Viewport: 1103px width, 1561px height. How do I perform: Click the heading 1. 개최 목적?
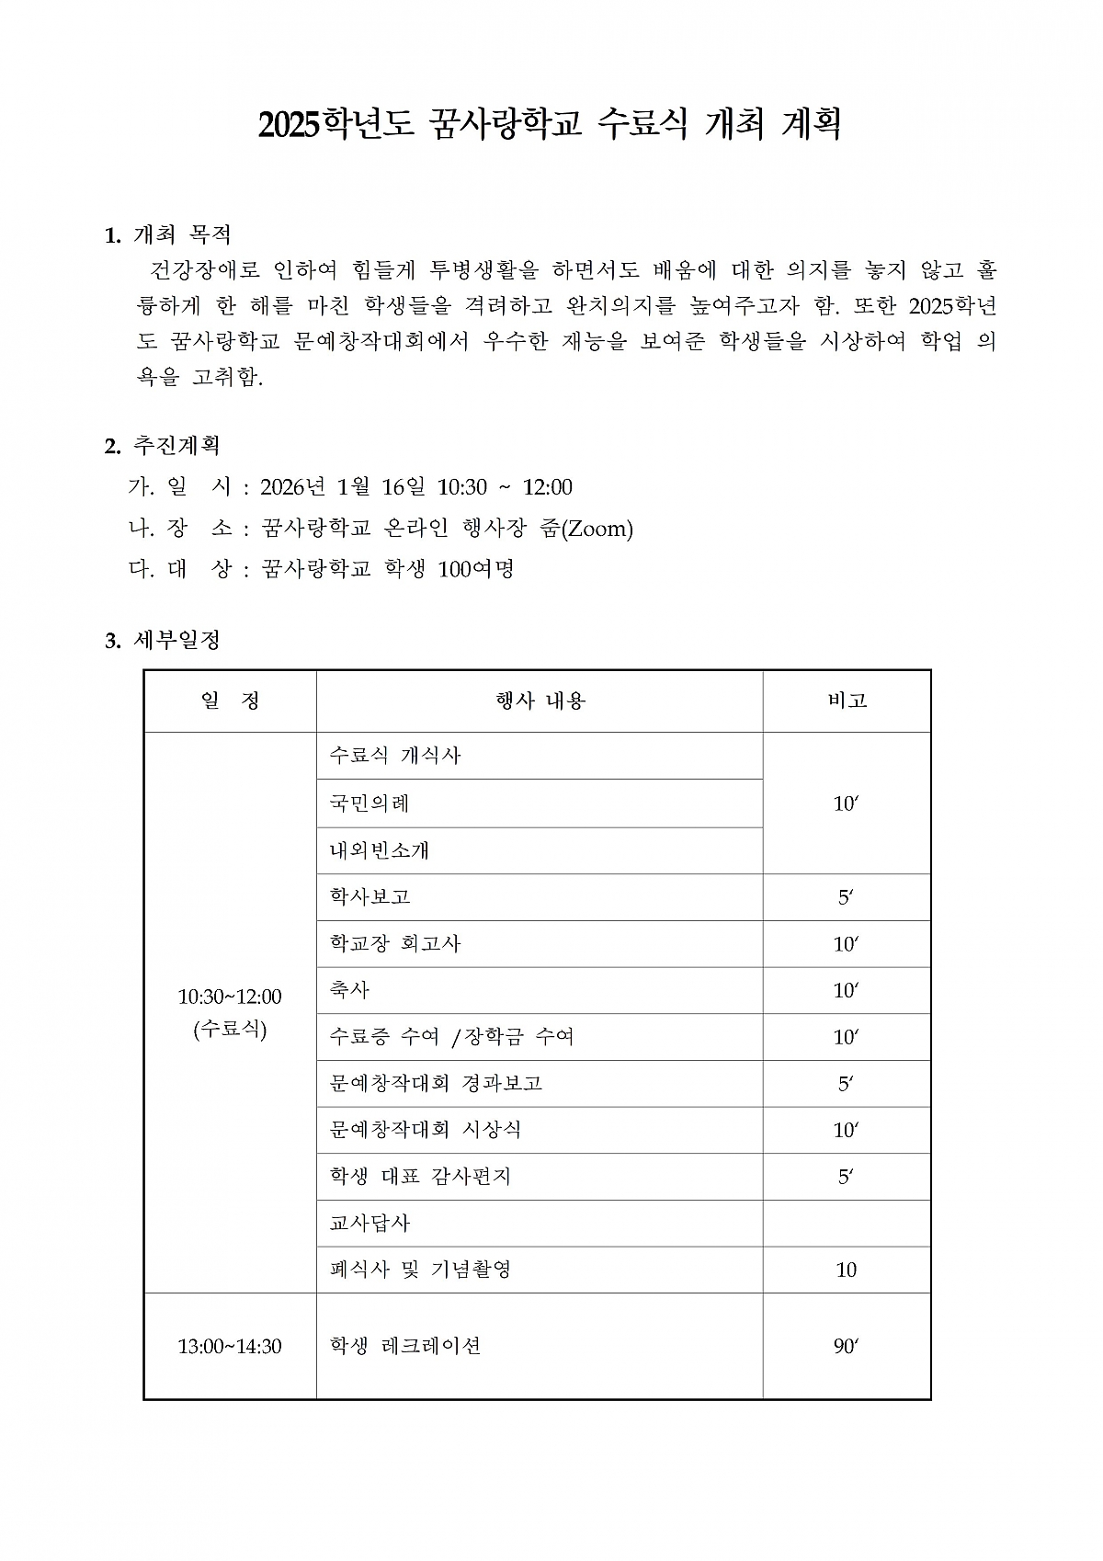coord(168,235)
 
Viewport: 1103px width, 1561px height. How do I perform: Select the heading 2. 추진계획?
coord(163,446)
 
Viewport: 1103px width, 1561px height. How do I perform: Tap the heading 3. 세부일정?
coord(163,640)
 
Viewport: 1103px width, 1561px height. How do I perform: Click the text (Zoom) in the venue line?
coord(597,529)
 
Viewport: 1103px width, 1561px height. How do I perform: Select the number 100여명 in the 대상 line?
coord(476,569)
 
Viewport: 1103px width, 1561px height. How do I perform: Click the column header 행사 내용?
coord(540,701)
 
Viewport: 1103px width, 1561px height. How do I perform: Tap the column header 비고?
coord(847,701)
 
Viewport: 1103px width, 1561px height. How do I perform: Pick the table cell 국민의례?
coord(370,803)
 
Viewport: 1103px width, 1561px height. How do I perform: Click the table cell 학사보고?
coord(370,897)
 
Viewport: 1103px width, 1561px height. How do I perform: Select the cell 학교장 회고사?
coord(395,944)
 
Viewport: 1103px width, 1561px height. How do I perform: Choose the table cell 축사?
coord(349,990)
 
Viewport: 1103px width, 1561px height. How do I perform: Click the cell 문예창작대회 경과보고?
coord(436,1084)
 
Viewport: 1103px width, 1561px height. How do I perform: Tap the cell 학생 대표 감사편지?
coord(420,1177)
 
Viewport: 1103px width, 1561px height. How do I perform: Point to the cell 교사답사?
coord(370,1224)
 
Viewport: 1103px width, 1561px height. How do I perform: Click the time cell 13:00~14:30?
coord(230,1347)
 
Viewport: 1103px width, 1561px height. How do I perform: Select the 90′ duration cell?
coord(846,1347)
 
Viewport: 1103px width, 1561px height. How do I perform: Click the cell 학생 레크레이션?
coord(405,1347)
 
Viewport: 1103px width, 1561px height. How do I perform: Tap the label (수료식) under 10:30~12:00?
coord(230,1029)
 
